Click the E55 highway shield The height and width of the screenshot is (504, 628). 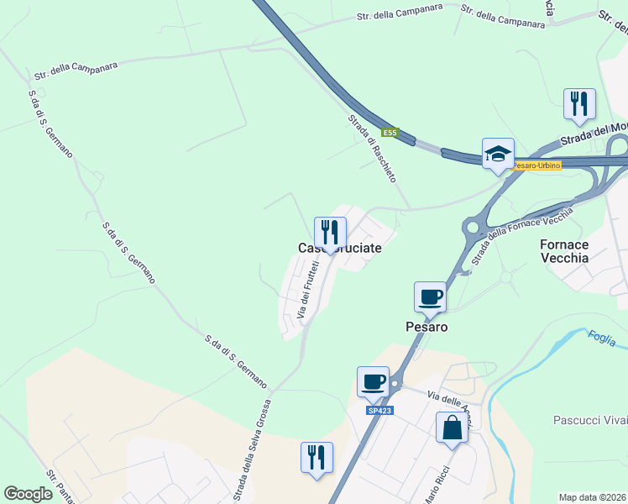pyautogui.click(x=389, y=133)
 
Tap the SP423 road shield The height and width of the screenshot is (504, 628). pyautogui.click(x=379, y=410)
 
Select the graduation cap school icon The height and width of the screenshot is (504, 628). pyautogui.click(x=497, y=154)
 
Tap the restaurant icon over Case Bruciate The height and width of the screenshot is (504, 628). pyautogui.click(x=330, y=232)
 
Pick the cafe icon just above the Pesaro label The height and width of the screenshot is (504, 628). pyautogui.click(x=430, y=297)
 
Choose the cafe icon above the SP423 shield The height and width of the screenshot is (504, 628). pyautogui.click(x=373, y=381)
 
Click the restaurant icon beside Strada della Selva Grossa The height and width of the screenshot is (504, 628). pyautogui.click(x=317, y=458)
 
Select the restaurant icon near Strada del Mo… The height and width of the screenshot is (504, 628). pyautogui.click(x=579, y=104)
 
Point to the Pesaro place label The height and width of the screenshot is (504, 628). pyautogui.click(x=427, y=326)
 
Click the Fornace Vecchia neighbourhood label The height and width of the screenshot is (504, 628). pyautogui.click(x=563, y=251)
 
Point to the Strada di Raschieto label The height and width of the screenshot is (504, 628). pyautogui.click(x=372, y=149)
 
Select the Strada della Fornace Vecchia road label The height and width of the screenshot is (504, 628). pyautogui.click(x=522, y=234)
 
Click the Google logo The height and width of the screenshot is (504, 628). pyautogui.click(x=28, y=494)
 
